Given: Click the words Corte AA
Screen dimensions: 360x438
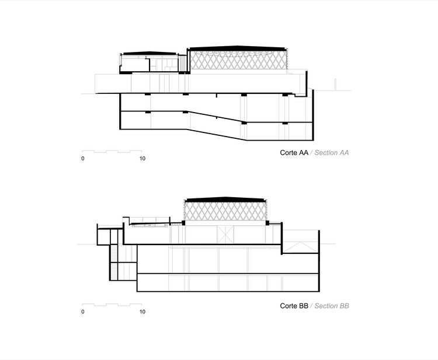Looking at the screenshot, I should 294,152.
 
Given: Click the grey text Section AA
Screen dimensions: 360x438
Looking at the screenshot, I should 331,152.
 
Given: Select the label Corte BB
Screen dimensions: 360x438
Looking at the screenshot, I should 294,306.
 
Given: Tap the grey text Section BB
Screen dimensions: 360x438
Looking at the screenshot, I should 331,306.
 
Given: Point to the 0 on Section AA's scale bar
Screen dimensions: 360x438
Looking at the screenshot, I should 83,159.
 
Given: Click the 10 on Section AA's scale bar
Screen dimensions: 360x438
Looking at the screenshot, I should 142,159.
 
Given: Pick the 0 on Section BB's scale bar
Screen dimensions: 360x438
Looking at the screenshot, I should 83,312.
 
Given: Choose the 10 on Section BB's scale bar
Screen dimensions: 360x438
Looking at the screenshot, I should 142,312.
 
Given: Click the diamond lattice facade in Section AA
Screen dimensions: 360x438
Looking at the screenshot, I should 239,61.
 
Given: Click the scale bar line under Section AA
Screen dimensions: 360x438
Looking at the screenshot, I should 112,152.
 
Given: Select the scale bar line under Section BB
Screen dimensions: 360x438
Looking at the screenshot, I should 112,305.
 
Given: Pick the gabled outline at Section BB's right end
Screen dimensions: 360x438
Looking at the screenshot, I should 301,242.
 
